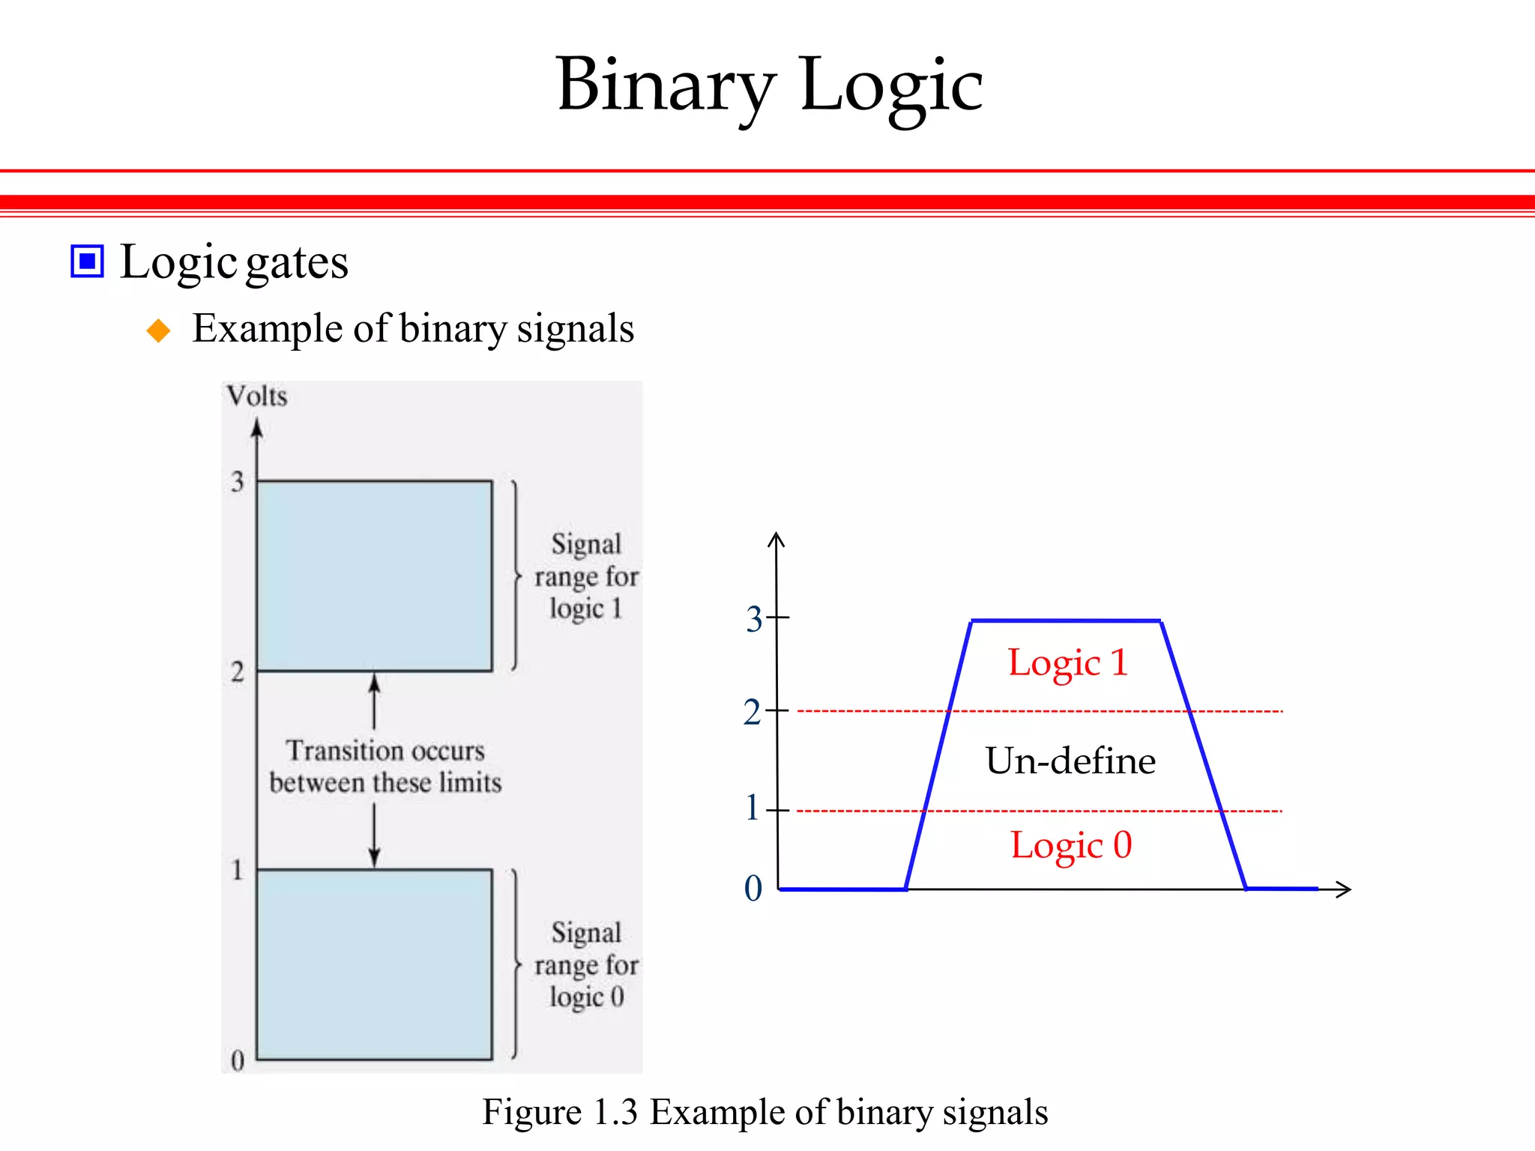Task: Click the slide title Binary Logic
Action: pyautogui.click(x=769, y=85)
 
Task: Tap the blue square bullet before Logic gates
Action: pyautogui.click(x=87, y=262)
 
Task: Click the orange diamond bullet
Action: pyautogui.click(x=158, y=330)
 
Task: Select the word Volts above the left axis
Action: pyautogui.click(x=257, y=396)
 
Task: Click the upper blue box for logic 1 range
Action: pyautogui.click(x=374, y=575)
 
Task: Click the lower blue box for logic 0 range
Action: pyautogui.click(x=374, y=964)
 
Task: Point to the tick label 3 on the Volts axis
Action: pyautogui.click(x=238, y=481)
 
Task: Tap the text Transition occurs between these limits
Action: pyautogui.click(x=385, y=767)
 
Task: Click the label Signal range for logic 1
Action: pyautogui.click(x=586, y=576)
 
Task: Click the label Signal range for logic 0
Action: pyautogui.click(x=586, y=965)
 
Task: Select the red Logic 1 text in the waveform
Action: pyautogui.click(x=1067, y=663)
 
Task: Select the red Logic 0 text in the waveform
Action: pyautogui.click(x=1070, y=845)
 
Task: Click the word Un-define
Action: pyautogui.click(x=1070, y=761)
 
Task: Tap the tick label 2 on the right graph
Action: pyautogui.click(x=752, y=712)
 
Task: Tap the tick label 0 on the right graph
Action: pyautogui.click(x=753, y=889)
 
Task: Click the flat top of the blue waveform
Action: pyautogui.click(x=1066, y=620)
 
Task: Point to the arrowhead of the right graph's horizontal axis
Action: pyautogui.click(x=1345, y=889)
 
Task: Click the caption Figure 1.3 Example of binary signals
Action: pyautogui.click(x=765, y=1112)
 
